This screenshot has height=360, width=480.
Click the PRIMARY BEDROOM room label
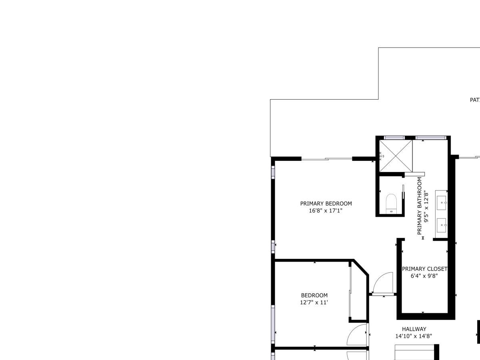326,204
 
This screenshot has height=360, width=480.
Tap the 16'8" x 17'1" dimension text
326,210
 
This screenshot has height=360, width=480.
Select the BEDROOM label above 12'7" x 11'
314,296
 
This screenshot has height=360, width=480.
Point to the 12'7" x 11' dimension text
314,302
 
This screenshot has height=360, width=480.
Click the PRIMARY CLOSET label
424,269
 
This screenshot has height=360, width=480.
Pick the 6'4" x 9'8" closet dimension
424,276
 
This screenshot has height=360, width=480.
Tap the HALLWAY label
414,329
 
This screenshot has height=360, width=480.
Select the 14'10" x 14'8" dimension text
414,336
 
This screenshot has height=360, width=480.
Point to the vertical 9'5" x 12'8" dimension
426,206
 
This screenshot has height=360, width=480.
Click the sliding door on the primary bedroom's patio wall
326,159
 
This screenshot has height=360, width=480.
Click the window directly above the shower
394,138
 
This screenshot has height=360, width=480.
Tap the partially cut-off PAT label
474,100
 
